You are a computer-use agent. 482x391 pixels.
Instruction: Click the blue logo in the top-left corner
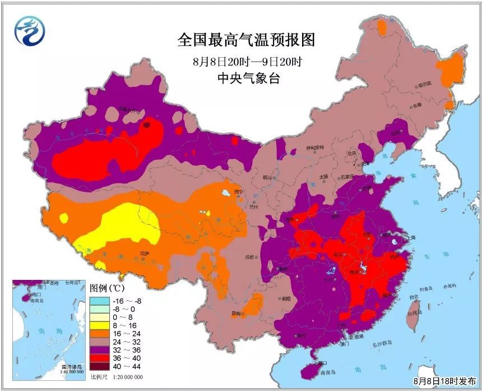pyautogui.click(x=29, y=31)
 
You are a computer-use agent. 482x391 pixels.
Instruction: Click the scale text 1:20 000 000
pyautogui.click(x=124, y=377)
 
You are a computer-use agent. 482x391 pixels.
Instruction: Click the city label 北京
pyautogui.click(x=351, y=153)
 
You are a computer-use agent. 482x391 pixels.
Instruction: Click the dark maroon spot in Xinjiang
pyautogui.click(x=147, y=126)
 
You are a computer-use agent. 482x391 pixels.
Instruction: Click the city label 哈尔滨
pyautogui.click(x=425, y=84)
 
